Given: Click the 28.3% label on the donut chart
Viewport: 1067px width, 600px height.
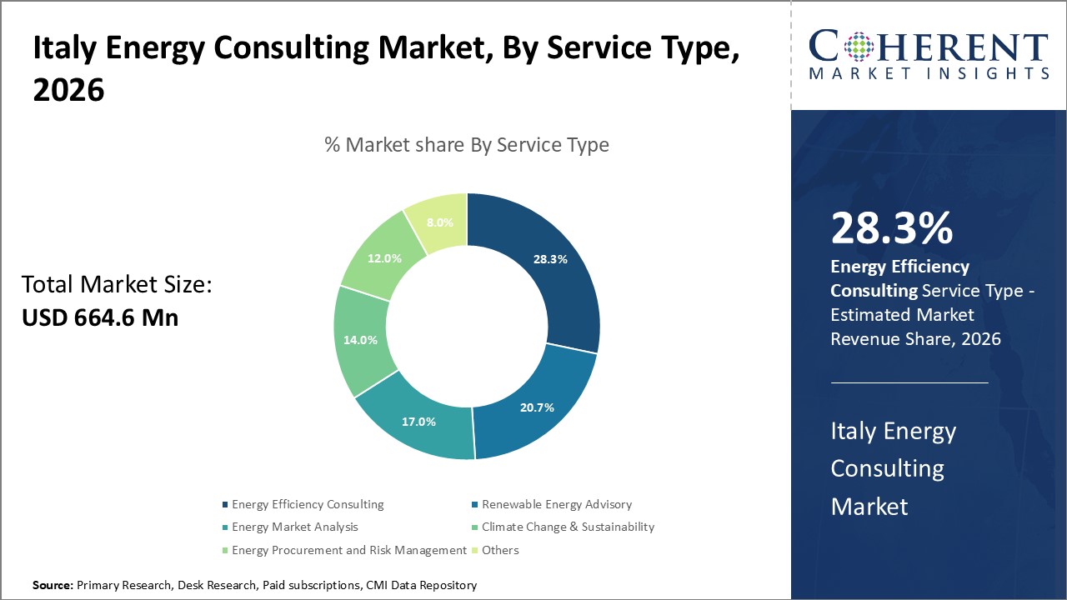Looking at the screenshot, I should pyautogui.click(x=550, y=259).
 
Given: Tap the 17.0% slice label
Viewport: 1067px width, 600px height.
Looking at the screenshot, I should pyautogui.click(x=418, y=422).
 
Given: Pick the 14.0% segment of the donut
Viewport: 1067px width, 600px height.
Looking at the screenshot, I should pyautogui.click(x=360, y=340).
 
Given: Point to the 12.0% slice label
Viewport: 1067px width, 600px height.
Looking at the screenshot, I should pyautogui.click(x=384, y=258).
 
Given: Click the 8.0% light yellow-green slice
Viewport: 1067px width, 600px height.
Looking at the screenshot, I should pyautogui.click(x=439, y=222).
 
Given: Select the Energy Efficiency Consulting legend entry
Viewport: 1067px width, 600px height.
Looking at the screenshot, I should pyautogui.click(x=308, y=504).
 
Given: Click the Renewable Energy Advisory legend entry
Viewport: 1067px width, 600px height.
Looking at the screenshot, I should pyautogui.click(x=556, y=504).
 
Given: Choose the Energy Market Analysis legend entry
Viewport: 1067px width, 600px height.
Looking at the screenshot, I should pyautogui.click(x=294, y=527).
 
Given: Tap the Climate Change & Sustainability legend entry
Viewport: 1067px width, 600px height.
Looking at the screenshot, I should pyautogui.click(x=568, y=527).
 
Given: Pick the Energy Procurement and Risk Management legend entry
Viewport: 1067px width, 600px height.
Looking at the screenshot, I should pyautogui.click(x=348, y=550).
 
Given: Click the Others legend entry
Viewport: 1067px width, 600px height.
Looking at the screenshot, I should pyautogui.click(x=500, y=550).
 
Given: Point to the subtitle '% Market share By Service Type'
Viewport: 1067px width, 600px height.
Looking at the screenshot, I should pyautogui.click(x=467, y=145).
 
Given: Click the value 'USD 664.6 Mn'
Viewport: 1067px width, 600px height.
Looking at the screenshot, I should pyautogui.click(x=99, y=317).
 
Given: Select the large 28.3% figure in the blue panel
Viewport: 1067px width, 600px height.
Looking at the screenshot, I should pyautogui.click(x=891, y=229).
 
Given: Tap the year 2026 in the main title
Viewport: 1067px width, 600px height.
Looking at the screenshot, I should pyautogui.click(x=68, y=91).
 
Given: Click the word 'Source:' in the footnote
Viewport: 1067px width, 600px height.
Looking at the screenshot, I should pyautogui.click(x=53, y=586).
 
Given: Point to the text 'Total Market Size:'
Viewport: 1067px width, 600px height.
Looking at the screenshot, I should pyautogui.click(x=117, y=285).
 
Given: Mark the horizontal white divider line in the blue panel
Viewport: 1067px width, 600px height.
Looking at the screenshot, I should pyautogui.click(x=909, y=383).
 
